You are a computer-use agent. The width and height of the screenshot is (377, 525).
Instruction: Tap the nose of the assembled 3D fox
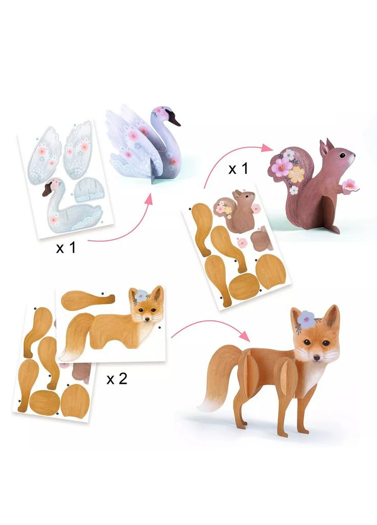317,358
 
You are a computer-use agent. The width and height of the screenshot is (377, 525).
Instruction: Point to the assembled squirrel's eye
342,155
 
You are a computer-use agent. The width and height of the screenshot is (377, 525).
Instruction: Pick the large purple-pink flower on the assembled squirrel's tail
281,167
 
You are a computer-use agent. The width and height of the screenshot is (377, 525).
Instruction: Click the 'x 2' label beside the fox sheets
117,379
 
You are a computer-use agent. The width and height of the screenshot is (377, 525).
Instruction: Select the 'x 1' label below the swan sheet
66,248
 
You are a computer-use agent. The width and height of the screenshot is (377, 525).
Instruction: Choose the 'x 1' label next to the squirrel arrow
238,168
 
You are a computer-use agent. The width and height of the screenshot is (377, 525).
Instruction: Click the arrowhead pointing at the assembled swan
149,199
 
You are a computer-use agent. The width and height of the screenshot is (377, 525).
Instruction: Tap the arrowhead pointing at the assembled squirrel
267,148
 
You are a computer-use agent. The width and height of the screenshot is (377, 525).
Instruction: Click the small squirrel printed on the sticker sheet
238,210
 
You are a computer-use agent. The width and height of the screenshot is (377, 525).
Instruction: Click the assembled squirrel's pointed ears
326,148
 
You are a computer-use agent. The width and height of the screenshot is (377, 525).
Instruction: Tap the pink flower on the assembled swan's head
158,111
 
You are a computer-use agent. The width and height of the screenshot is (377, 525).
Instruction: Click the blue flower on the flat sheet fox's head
140,295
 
